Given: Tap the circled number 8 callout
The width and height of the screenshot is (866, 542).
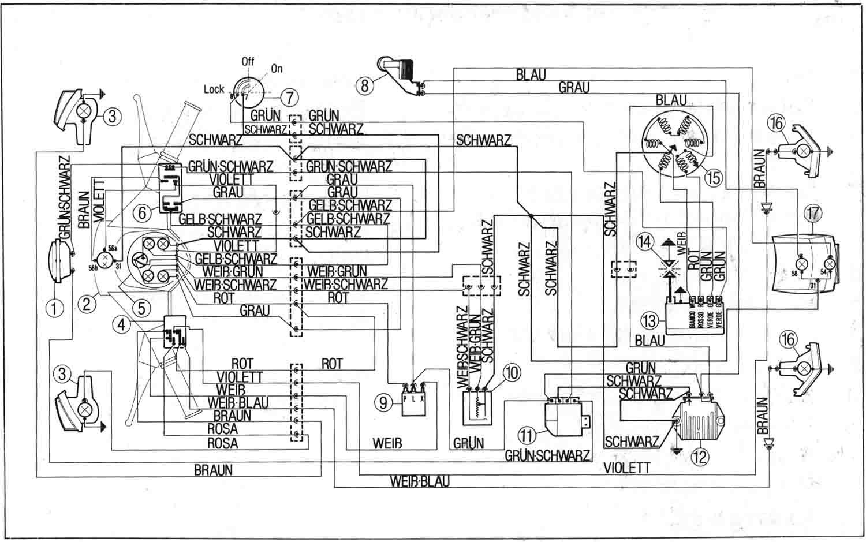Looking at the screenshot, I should pyautogui.click(x=365, y=86).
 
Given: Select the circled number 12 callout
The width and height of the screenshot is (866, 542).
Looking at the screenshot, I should pyautogui.click(x=699, y=457).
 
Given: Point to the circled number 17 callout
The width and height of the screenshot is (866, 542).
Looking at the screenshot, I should pyautogui.click(x=813, y=214).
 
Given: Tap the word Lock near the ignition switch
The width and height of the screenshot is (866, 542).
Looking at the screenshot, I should pyautogui.click(x=214, y=89).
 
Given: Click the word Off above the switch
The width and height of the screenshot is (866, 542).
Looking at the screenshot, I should pyautogui.click(x=248, y=61).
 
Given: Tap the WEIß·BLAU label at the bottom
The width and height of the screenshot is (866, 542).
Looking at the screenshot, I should pyautogui.click(x=420, y=481).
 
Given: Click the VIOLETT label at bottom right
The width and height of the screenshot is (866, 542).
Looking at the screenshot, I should pyautogui.click(x=628, y=468).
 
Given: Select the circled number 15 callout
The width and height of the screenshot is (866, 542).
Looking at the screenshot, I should pyautogui.click(x=714, y=177).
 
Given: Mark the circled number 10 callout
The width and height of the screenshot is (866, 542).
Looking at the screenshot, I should pyautogui.click(x=512, y=373).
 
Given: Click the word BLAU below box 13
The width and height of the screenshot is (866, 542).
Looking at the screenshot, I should pyautogui.click(x=649, y=341).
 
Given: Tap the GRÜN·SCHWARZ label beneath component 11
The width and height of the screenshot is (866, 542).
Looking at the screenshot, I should pyautogui.click(x=547, y=455).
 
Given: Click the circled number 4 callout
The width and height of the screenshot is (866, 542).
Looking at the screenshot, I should pyautogui.click(x=121, y=325).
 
